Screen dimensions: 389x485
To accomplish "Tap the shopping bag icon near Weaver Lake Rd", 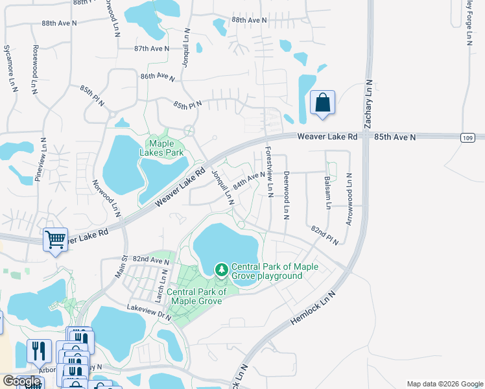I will coord(322,103).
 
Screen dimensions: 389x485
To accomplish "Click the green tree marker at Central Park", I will coord(222,268).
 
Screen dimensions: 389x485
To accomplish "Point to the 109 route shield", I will coord(468,137).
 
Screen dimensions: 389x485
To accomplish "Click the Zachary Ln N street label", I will coord(368,104).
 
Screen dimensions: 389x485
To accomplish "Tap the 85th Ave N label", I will coord(396,137).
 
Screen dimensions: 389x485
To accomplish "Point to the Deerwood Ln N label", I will coord(286,194).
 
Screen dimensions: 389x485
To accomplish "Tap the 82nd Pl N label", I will coord(325,235).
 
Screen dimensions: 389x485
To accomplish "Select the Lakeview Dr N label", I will coord(149,311).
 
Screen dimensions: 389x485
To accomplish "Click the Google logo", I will coord(21,382).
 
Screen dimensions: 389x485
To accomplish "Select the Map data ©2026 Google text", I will coord(444,384).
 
